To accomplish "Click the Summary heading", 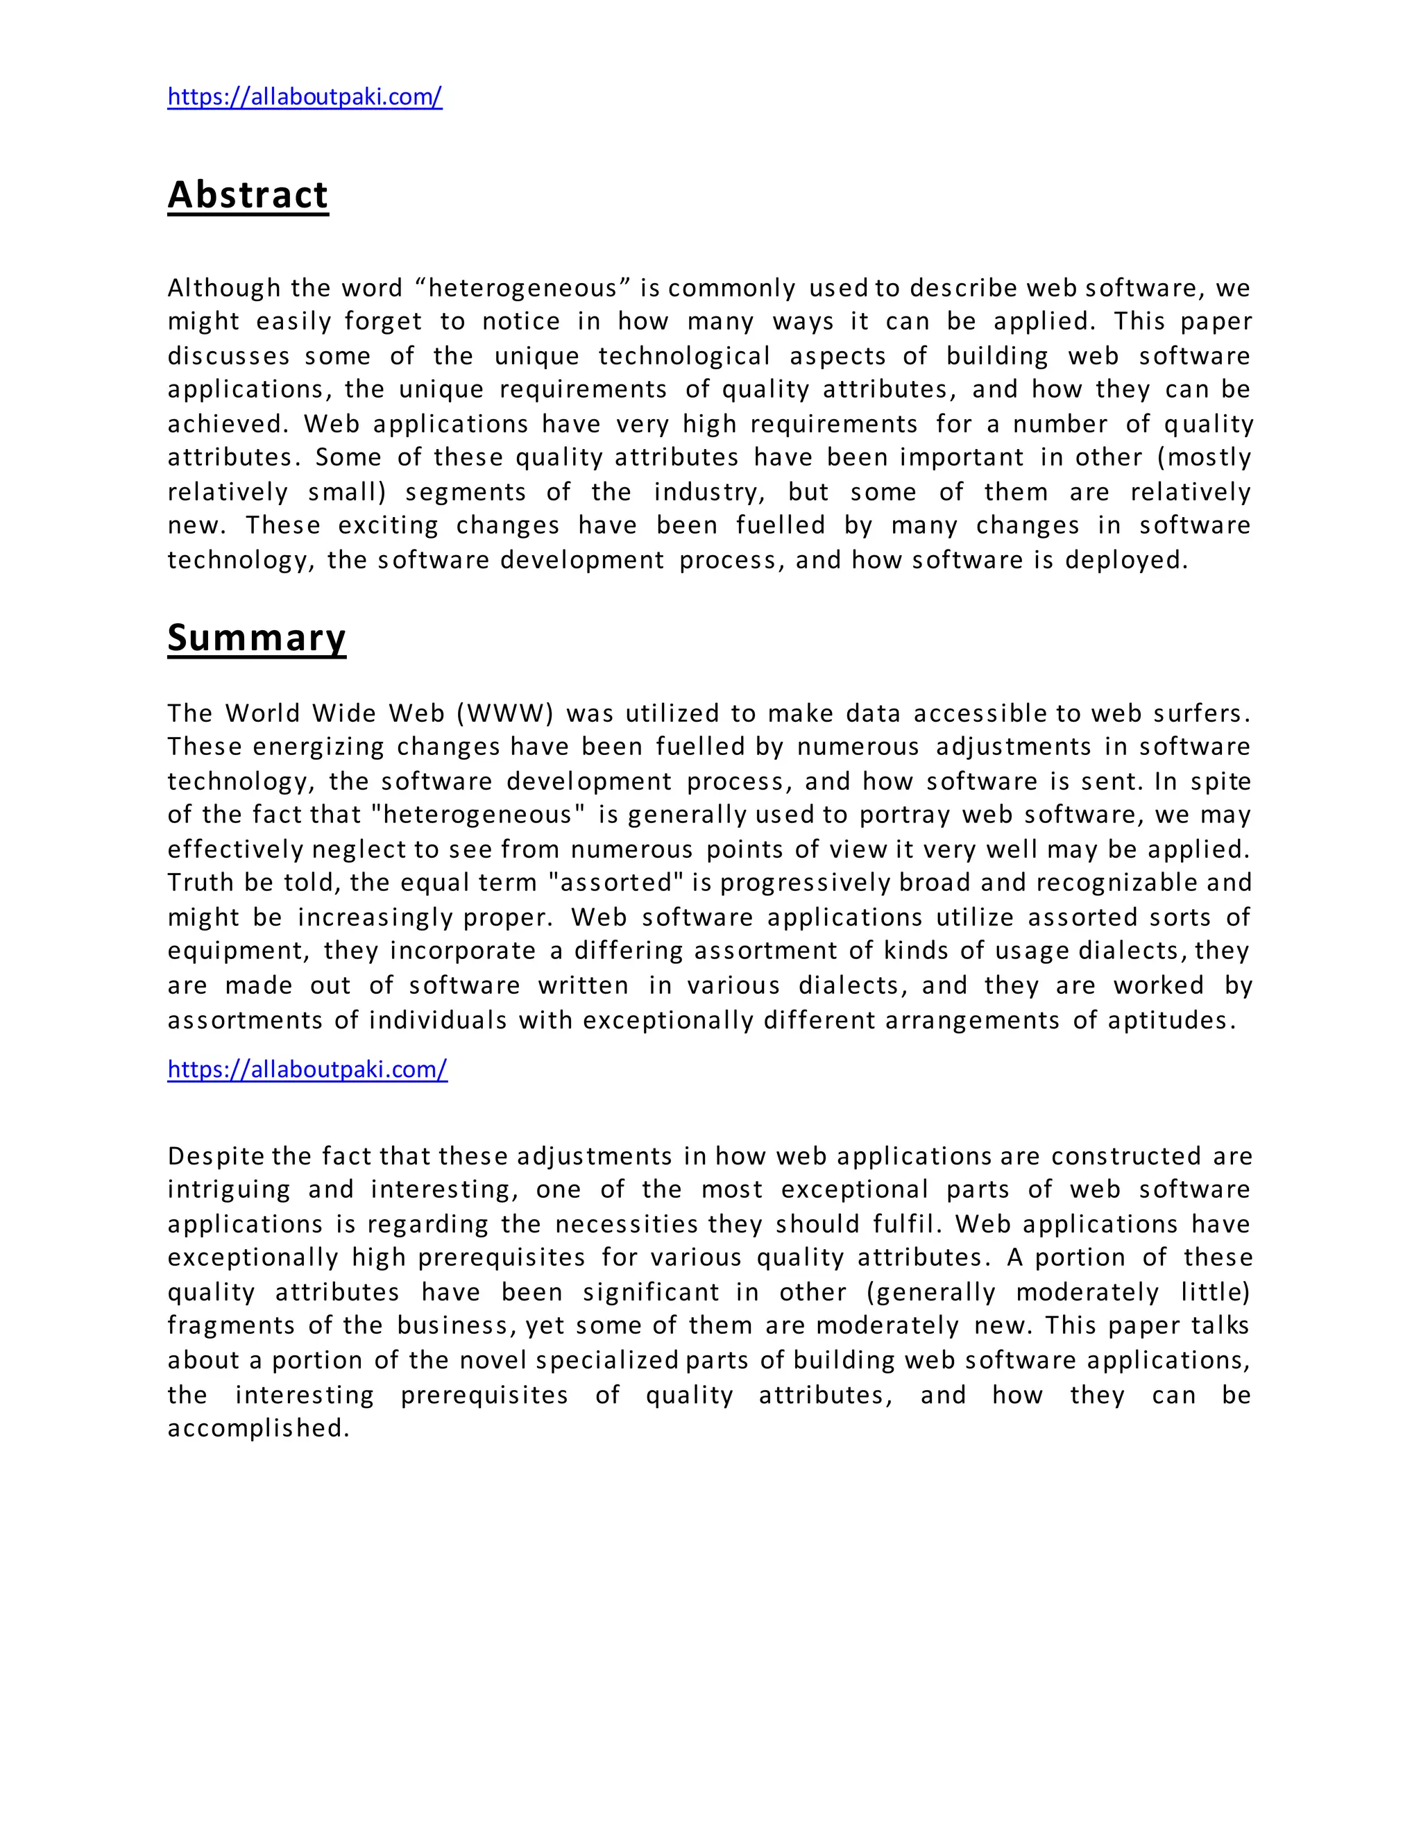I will pos(257,638).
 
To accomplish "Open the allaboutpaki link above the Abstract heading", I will pos(305,97).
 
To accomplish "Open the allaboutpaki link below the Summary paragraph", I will pos(307,1069).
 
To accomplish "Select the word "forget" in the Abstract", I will pos(383,322).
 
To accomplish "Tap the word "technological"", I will pos(683,356).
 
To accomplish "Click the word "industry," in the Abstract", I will pos(709,492).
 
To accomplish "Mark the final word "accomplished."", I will pos(258,1428).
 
